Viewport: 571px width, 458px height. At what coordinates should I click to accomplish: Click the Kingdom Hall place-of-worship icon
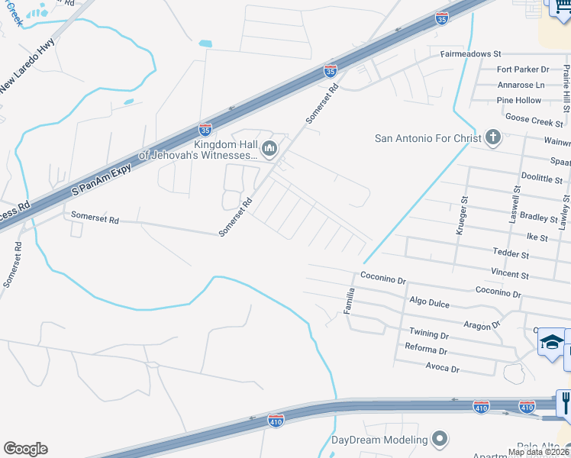pyautogui.click(x=268, y=150)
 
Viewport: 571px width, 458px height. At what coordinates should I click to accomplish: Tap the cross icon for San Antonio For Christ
pyautogui.click(x=493, y=138)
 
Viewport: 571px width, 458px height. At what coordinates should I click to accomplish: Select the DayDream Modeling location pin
pyautogui.click(x=439, y=440)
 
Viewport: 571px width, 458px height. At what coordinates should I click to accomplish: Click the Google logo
pyautogui.click(x=25, y=449)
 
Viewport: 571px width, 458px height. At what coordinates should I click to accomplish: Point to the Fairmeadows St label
pyautogui.click(x=470, y=55)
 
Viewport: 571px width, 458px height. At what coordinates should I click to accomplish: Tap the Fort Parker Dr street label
pyautogui.click(x=523, y=69)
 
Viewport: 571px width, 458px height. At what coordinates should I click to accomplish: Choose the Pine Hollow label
pyautogui.click(x=518, y=100)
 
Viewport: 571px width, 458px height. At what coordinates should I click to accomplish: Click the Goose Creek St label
pyautogui.click(x=534, y=121)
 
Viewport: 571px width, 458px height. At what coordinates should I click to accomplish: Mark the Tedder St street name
pyautogui.click(x=511, y=253)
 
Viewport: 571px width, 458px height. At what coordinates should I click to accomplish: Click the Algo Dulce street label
pyautogui.click(x=430, y=302)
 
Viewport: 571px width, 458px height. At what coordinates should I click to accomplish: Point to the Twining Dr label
pyautogui.click(x=429, y=334)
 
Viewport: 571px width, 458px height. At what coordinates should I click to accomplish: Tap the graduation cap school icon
pyautogui.click(x=551, y=342)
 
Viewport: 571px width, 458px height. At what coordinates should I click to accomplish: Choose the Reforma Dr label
pyautogui.click(x=426, y=350)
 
